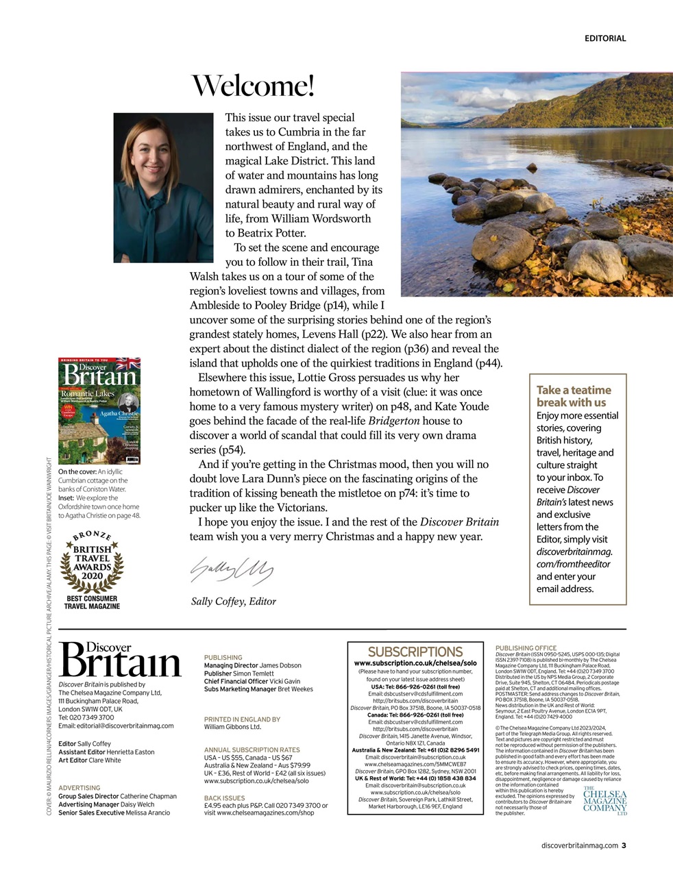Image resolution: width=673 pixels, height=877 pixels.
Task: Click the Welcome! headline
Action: (252, 86)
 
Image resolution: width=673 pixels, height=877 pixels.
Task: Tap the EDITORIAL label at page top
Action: (604, 38)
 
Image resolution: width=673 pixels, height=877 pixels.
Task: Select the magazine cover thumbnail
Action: (99, 410)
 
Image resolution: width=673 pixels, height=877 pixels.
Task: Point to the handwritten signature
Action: (231, 569)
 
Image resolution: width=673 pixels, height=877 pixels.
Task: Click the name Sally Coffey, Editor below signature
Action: (233, 602)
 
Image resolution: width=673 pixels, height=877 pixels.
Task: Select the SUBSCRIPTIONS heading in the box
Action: (415, 652)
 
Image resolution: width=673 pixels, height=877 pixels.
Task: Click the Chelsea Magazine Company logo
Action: (604, 801)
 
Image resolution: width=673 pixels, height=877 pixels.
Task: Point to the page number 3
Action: (624, 845)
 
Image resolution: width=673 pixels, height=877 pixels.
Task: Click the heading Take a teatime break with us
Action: (573, 396)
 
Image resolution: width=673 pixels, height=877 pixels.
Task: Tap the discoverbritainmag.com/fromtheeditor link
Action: (574, 558)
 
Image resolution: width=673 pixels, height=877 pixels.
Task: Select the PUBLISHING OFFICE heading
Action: (526, 647)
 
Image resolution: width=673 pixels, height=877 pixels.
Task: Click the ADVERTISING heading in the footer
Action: (79, 788)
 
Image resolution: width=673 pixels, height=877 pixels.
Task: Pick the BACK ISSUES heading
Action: (224, 798)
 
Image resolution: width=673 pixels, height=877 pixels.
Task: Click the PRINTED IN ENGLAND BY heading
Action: (242, 719)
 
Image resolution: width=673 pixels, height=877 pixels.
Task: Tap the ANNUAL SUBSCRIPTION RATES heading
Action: (252, 750)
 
